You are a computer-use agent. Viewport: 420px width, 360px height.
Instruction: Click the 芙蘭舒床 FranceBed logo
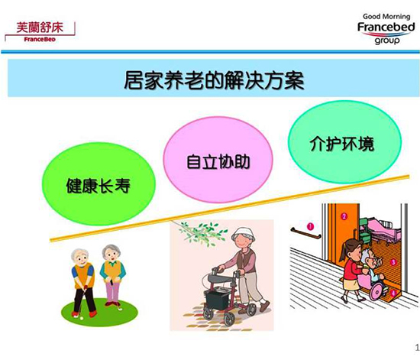(40, 30)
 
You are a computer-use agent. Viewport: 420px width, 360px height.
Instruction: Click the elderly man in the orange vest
(82, 279)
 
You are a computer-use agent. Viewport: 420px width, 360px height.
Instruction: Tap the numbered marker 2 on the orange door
(344, 217)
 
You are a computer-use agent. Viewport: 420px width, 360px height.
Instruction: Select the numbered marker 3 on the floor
(393, 261)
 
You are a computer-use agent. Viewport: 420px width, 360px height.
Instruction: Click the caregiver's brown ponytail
(344, 252)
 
